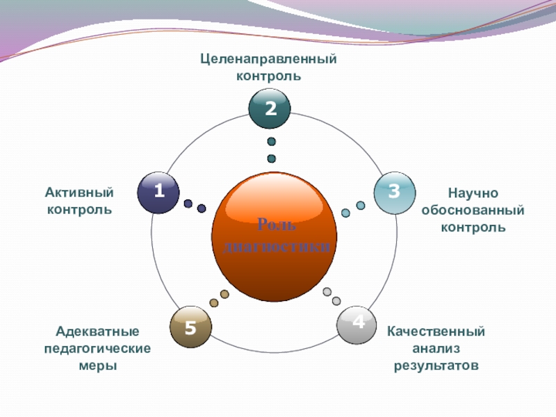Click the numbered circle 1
point(158,192)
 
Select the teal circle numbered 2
point(270,109)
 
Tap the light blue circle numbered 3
point(394,192)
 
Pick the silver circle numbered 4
point(357,323)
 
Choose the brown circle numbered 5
point(190,326)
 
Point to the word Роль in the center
point(277,224)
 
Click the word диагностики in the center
point(277,245)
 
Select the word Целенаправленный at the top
point(269,59)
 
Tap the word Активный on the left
point(79,193)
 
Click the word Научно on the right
point(473,193)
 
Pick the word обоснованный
point(473,210)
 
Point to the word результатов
point(436,365)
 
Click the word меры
point(98,365)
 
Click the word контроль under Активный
point(79,209)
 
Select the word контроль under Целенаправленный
point(269,75)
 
